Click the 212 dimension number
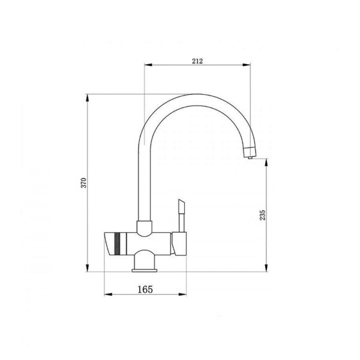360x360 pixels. [x=197, y=61]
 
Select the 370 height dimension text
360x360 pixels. [x=84, y=183]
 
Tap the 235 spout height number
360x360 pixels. [x=263, y=215]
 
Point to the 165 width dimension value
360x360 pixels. [x=145, y=289]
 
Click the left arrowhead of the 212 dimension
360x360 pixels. [x=148, y=65]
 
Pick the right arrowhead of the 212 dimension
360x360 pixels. [x=247, y=65]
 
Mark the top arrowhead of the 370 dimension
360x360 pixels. [x=87, y=98]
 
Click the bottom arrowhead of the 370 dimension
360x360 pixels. [x=87, y=268]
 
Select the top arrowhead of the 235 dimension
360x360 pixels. [x=266, y=163]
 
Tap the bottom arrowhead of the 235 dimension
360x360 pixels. [x=266, y=268]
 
